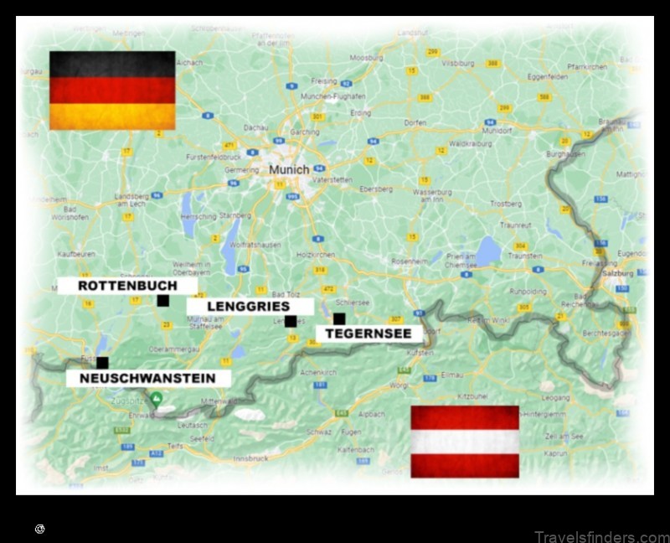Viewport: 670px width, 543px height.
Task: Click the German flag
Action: click(112, 90)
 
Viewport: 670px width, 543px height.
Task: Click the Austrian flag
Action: click(464, 441)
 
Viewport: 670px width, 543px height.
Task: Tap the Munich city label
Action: click(288, 169)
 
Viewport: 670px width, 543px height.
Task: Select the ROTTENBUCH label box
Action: click(127, 286)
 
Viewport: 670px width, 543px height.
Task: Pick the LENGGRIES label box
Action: click(250, 307)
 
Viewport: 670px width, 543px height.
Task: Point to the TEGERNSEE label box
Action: click(369, 334)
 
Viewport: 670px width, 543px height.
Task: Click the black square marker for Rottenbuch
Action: click(163, 300)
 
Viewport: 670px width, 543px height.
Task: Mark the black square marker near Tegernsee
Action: click(339, 318)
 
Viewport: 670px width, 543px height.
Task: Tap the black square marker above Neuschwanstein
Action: click(102, 362)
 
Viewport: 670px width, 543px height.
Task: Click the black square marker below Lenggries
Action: click(290, 321)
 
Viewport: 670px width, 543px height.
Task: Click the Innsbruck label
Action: click(276, 458)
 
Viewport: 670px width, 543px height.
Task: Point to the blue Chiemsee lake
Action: click(488, 249)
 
